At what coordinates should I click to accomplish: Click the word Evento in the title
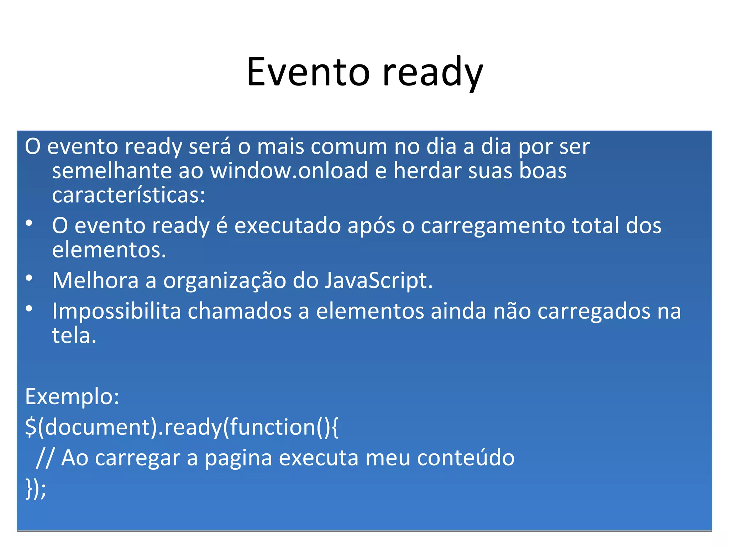point(308,72)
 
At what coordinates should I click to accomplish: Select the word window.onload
point(289,171)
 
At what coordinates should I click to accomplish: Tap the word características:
point(129,195)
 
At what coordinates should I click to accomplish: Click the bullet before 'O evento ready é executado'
point(29,224)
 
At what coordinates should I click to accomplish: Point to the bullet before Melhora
point(29,278)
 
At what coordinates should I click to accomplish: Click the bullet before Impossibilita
point(29,309)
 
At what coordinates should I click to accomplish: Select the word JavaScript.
point(378,281)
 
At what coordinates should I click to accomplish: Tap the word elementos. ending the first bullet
point(109,250)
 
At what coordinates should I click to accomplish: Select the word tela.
point(74,335)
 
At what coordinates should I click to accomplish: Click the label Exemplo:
point(72,397)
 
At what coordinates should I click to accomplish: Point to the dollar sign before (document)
point(31,427)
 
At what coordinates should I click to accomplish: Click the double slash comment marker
point(44,458)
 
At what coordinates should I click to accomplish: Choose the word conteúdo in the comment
point(466,458)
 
